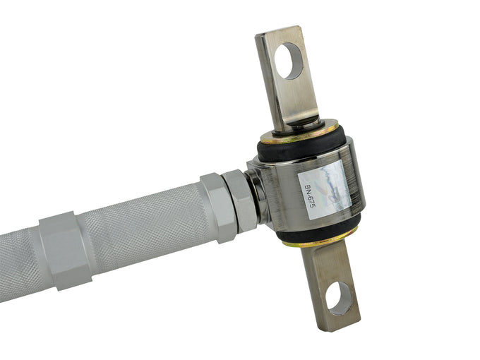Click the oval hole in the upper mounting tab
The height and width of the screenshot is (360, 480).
288,61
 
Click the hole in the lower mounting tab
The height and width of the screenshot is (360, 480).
339,299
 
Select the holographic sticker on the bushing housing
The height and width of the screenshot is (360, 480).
325,190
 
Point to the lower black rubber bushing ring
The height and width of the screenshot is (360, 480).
318,228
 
